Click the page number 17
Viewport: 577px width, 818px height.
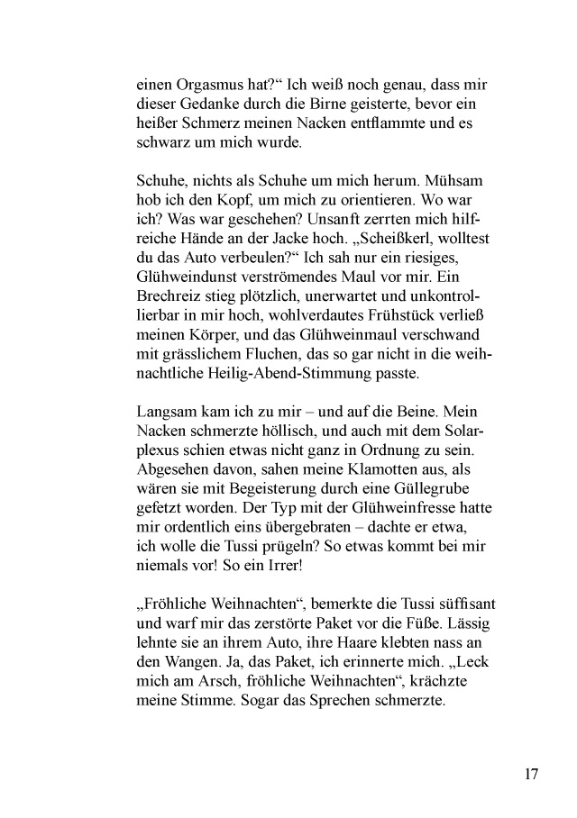529,774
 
